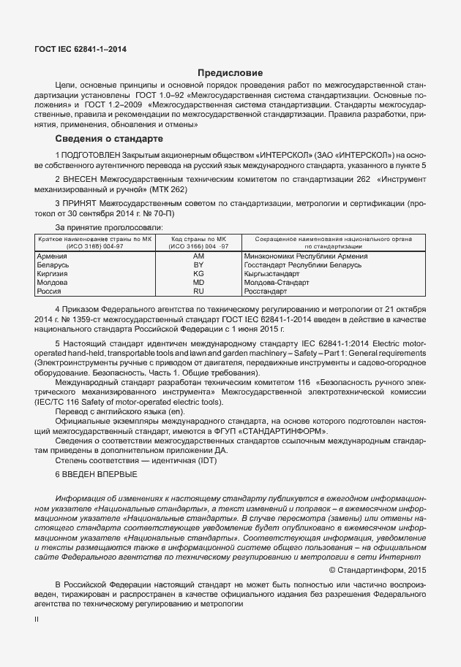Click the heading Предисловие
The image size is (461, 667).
(230, 73)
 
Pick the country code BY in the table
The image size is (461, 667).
(198, 265)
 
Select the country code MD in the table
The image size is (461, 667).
(198, 282)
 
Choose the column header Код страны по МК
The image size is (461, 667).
(198, 239)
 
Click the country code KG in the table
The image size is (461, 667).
(198, 273)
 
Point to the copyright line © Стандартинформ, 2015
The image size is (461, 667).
(376, 570)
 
